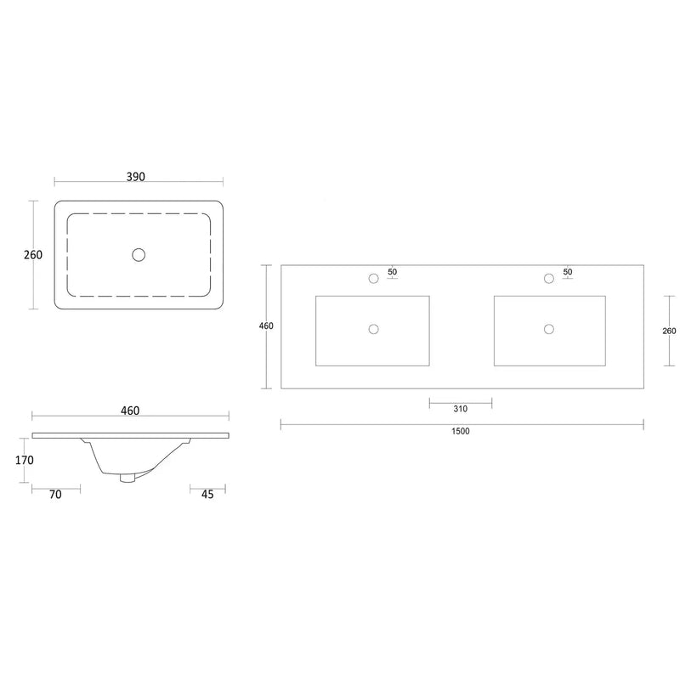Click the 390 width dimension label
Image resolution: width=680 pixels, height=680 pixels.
coord(136,177)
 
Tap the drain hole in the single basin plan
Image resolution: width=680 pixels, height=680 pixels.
coord(139,253)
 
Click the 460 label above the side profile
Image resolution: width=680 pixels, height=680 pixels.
coord(130,411)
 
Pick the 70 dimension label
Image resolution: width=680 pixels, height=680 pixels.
coord(55,494)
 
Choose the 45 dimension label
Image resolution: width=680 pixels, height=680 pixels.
coord(208,494)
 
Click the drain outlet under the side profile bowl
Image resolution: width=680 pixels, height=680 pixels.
coord(128,478)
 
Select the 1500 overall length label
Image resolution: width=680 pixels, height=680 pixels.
coord(461,431)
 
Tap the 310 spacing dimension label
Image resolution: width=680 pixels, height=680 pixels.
coord(460,409)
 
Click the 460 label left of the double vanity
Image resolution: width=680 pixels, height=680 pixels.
coord(266,326)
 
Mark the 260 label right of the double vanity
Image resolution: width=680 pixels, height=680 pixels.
coord(669,331)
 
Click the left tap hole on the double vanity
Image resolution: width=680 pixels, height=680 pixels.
coord(372,278)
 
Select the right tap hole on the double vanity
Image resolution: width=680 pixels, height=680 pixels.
coord(548,278)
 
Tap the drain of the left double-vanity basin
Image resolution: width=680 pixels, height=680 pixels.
coord(372,329)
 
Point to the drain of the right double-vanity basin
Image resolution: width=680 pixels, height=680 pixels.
coord(548,329)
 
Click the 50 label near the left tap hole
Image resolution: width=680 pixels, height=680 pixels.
coord(392,272)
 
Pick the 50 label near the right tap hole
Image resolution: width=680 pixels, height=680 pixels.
coord(568,272)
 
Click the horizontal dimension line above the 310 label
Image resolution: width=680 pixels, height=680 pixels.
coord(460,399)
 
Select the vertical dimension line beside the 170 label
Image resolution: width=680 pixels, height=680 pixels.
coord(32,461)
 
